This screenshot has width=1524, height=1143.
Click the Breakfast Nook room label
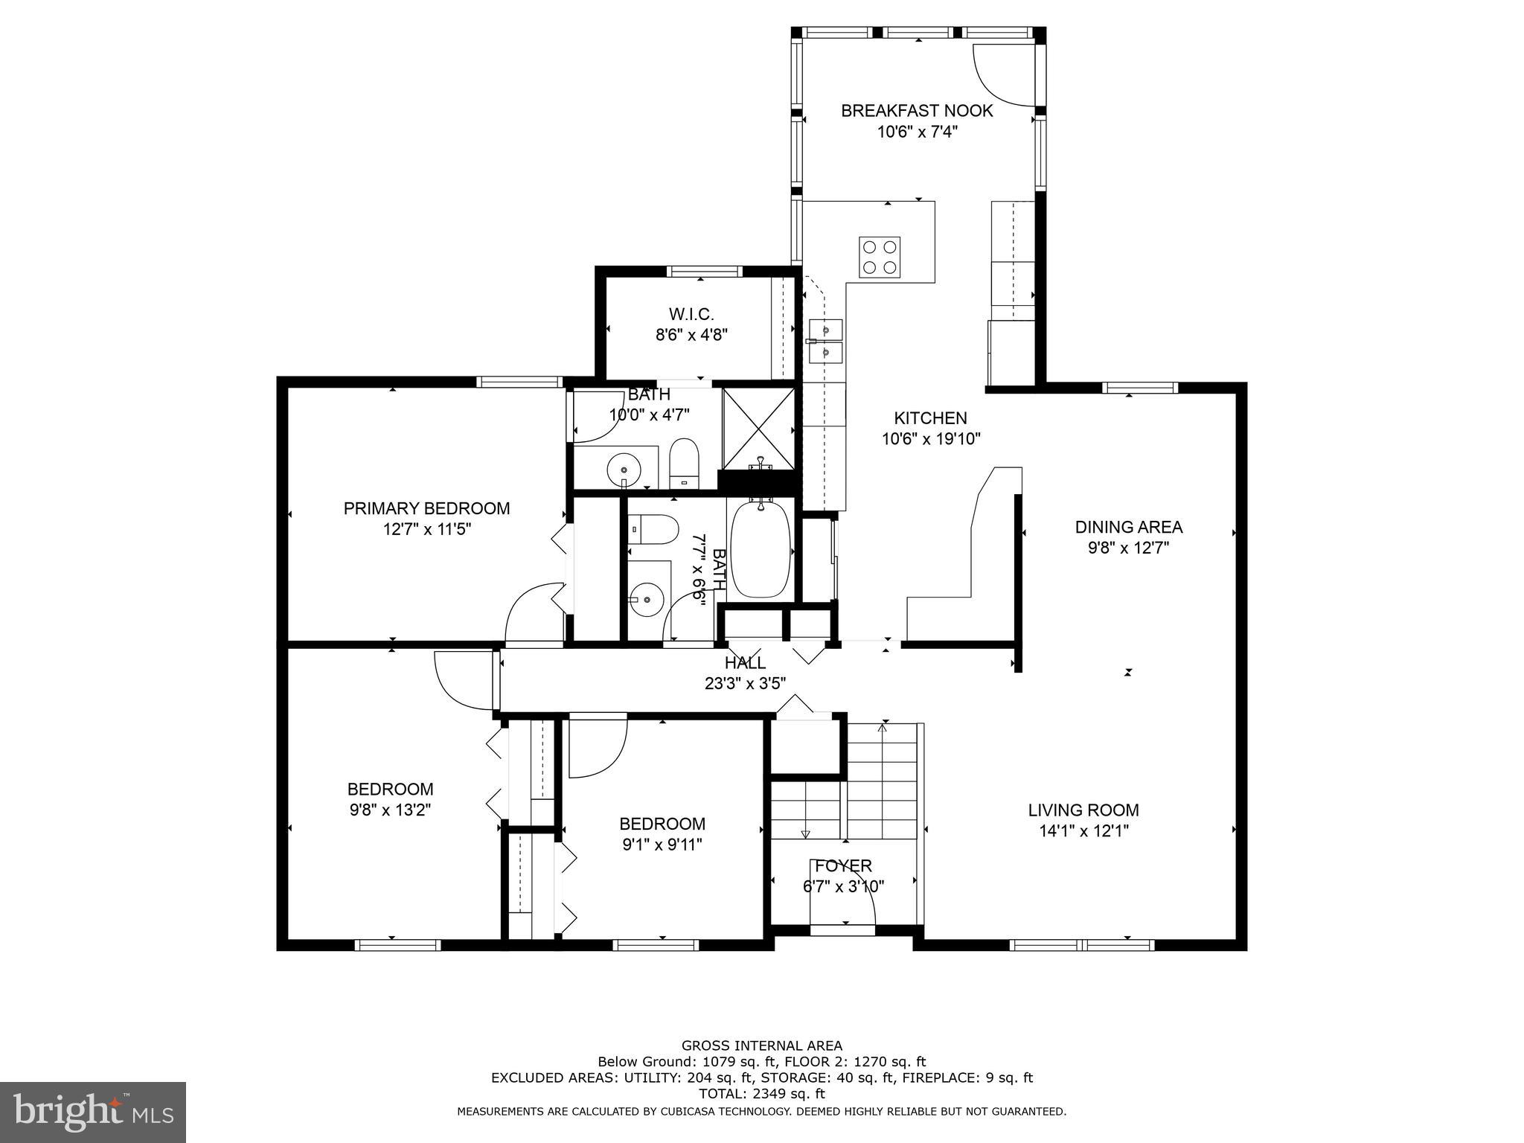[x=916, y=111]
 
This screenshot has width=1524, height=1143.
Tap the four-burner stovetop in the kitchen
[x=880, y=257]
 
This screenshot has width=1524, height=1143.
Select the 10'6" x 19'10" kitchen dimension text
[x=931, y=439]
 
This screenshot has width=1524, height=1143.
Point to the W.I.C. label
[x=691, y=314]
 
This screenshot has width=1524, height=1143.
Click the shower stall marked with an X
[x=758, y=429]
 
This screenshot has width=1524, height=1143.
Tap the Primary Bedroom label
[x=426, y=508]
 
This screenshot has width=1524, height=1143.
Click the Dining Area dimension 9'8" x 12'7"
[x=1128, y=548]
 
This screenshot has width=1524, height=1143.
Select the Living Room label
[x=1083, y=810]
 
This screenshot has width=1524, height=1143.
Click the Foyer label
[x=843, y=865]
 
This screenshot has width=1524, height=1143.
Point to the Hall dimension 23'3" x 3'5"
[x=745, y=683]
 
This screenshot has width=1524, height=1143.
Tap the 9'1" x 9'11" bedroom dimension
[x=662, y=845]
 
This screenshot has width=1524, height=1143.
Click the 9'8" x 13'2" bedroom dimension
[x=390, y=810]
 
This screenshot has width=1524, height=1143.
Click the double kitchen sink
[x=825, y=340]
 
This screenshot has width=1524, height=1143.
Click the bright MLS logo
[x=93, y=1112]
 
